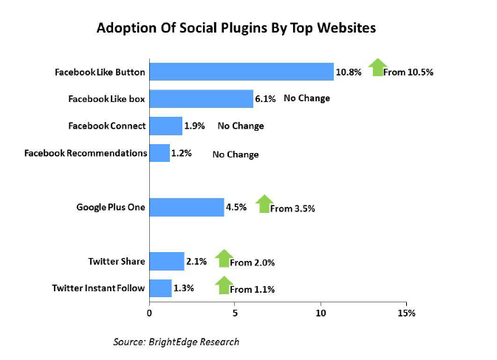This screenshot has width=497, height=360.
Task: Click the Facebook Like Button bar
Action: [241, 72]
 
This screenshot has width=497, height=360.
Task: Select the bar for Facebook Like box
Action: [202, 99]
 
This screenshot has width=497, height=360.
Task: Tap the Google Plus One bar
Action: [187, 208]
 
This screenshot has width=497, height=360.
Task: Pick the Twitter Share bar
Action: [167, 262]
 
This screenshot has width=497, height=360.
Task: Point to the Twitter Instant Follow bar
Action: [160, 288]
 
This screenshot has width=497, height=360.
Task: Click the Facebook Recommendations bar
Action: [160, 153]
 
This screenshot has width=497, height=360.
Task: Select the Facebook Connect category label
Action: [107, 126]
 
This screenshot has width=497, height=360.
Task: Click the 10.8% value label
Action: [349, 72]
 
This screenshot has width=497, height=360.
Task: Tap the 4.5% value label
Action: [236, 207]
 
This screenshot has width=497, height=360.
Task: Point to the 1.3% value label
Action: [184, 288]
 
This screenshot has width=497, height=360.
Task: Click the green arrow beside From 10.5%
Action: [377, 67]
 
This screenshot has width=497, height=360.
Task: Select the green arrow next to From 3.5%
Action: [264, 203]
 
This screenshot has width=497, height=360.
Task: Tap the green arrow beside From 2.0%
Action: [224, 259]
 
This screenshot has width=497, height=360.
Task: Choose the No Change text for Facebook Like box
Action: [306, 98]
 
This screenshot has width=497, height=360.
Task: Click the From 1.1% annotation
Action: [253, 290]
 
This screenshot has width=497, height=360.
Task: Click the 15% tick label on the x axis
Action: [406, 313]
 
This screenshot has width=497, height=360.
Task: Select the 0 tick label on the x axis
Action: [149, 313]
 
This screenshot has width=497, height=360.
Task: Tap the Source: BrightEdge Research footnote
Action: [176, 342]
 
